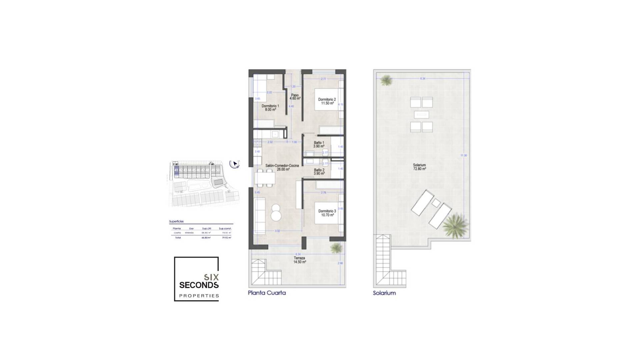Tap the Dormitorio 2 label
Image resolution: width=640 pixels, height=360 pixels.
tap(327, 101)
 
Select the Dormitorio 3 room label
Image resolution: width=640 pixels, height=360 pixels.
tap(327, 213)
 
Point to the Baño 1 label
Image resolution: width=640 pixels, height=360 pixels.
tap(319, 144)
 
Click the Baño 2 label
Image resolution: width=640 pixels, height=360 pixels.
tap(319, 172)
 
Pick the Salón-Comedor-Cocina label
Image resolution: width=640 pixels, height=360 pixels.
tap(282, 167)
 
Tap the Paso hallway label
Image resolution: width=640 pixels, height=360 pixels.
tap(295, 97)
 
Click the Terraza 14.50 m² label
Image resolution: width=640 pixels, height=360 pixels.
tap(299, 260)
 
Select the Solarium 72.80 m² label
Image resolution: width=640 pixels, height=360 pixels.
tap(419, 167)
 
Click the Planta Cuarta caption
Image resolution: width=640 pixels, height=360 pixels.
tap(267, 293)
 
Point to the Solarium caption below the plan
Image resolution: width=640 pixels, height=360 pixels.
tap(384, 293)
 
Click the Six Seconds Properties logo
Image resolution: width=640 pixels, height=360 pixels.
tap(196, 279)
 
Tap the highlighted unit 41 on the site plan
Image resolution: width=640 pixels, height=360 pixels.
tap(176, 170)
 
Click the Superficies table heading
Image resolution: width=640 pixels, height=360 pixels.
tap(176, 221)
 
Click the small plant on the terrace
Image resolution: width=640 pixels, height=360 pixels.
tap(336, 247)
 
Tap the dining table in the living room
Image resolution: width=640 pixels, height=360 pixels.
tap(265, 177)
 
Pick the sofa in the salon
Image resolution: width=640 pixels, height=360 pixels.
tap(260, 216)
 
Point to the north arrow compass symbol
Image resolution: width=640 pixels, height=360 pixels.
tap(234, 164)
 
